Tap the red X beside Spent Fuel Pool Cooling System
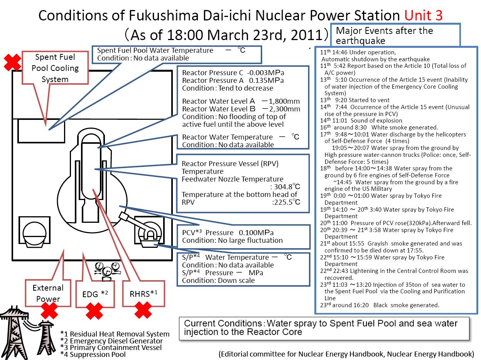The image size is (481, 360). coord(12,62)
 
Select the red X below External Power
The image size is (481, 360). coord(49,311)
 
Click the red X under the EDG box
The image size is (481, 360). coord(95,311)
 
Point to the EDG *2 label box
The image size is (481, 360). coord(95,293)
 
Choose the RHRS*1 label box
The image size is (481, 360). coord(143,293)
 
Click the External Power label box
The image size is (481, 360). coord(48,293)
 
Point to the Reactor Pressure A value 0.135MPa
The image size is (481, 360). coord(266,81)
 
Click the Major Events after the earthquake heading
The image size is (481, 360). coord(385,35)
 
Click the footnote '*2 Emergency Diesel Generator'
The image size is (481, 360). coord(111,341)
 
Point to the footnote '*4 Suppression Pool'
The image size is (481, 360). coord(93,354)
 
